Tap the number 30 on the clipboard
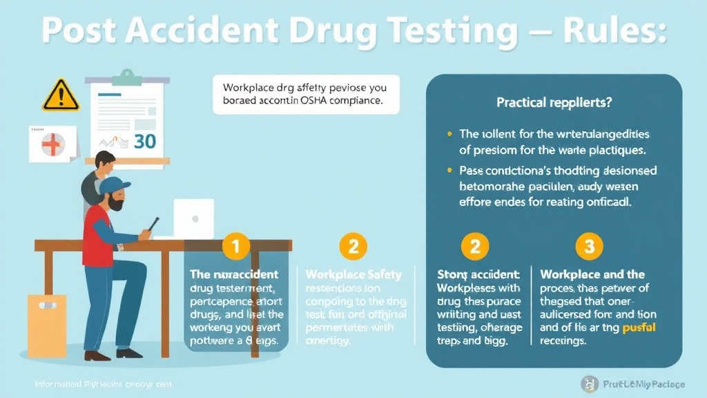point(144,141)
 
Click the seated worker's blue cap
point(114,186)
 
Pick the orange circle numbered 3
point(589,245)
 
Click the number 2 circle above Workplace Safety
point(353,245)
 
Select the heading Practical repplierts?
point(554,102)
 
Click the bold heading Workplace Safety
point(353,274)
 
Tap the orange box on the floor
point(47,325)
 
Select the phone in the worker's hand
point(153,224)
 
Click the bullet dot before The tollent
point(450,133)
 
